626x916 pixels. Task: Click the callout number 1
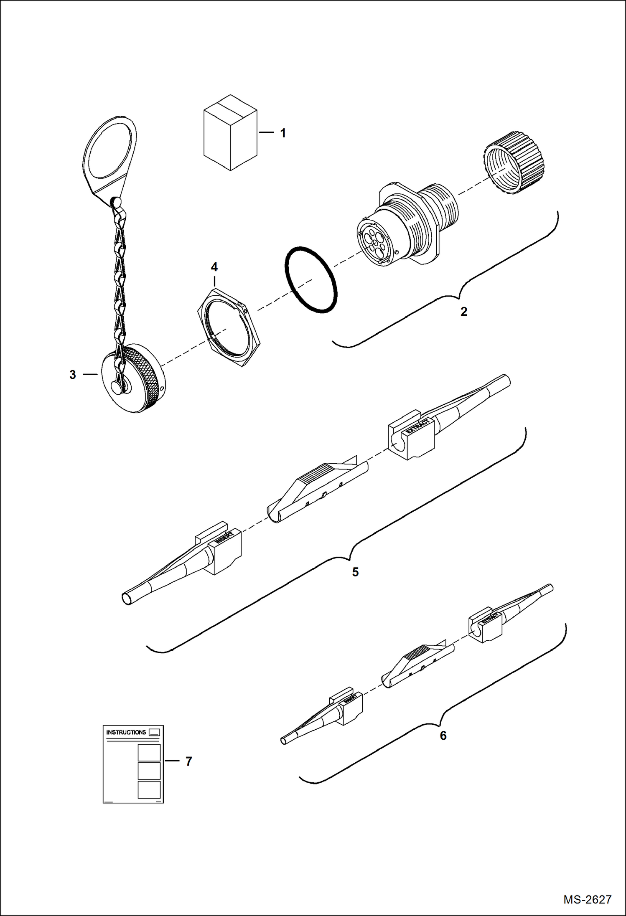coord(283,133)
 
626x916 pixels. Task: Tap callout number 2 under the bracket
coord(463,312)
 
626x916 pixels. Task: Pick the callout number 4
coord(214,266)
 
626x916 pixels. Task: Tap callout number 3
coord(73,375)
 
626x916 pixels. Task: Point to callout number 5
coord(355,572)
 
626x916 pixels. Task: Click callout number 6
coord(443,736)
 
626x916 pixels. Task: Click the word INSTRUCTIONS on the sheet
coord(126,732)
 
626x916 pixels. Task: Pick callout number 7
coord(188,761)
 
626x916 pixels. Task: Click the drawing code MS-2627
coord(587,899)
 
